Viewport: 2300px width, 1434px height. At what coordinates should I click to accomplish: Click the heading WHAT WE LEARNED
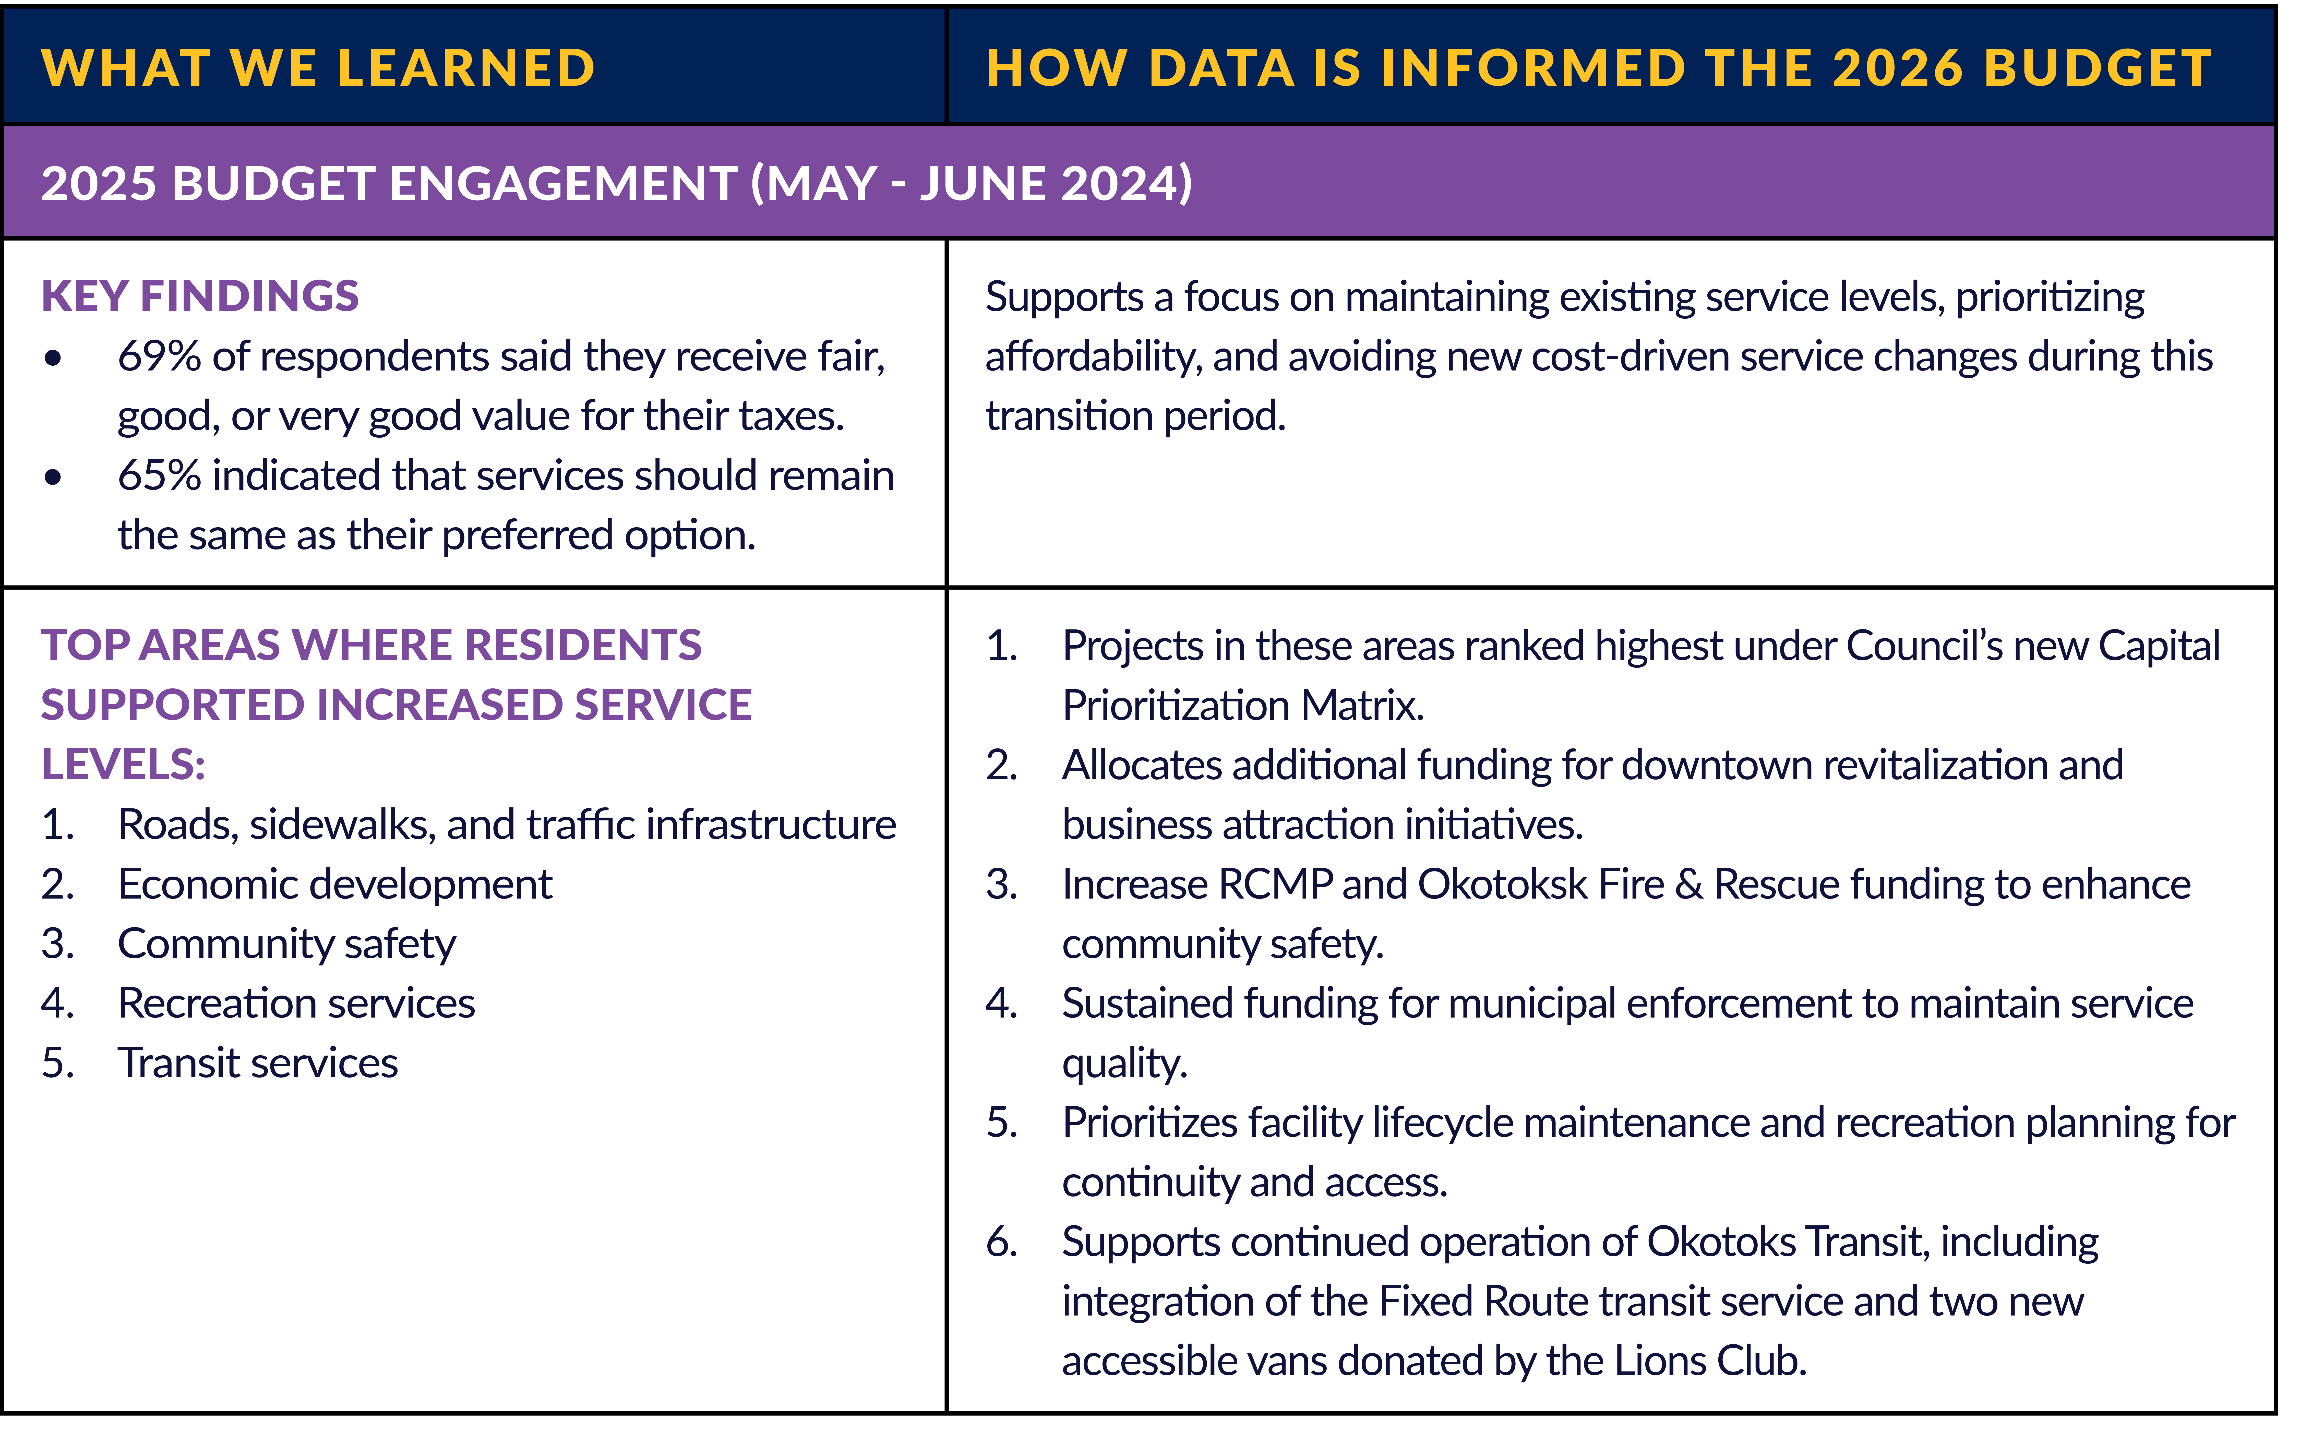pyautogui.click(x=318, y=68)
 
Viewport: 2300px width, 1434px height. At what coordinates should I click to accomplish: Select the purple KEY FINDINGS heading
pyautogui.click(x=200, y=296)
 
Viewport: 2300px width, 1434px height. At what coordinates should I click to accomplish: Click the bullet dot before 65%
pyautogui.click(x=53, y=477)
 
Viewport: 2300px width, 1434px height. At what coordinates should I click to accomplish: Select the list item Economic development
pyautogui.click(x=335, y=884)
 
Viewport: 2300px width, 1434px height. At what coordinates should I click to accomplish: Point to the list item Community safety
pyautogui.click(x=286, y=944)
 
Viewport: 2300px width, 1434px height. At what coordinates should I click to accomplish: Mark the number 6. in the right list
pyautogui.click(x=1001, y=1241)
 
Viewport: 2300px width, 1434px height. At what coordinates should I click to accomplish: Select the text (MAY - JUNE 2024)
pyautogui.click(x=972, y=183)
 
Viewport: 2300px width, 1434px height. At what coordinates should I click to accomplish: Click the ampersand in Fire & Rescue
pyautogui.click(x=1688, y=884)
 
